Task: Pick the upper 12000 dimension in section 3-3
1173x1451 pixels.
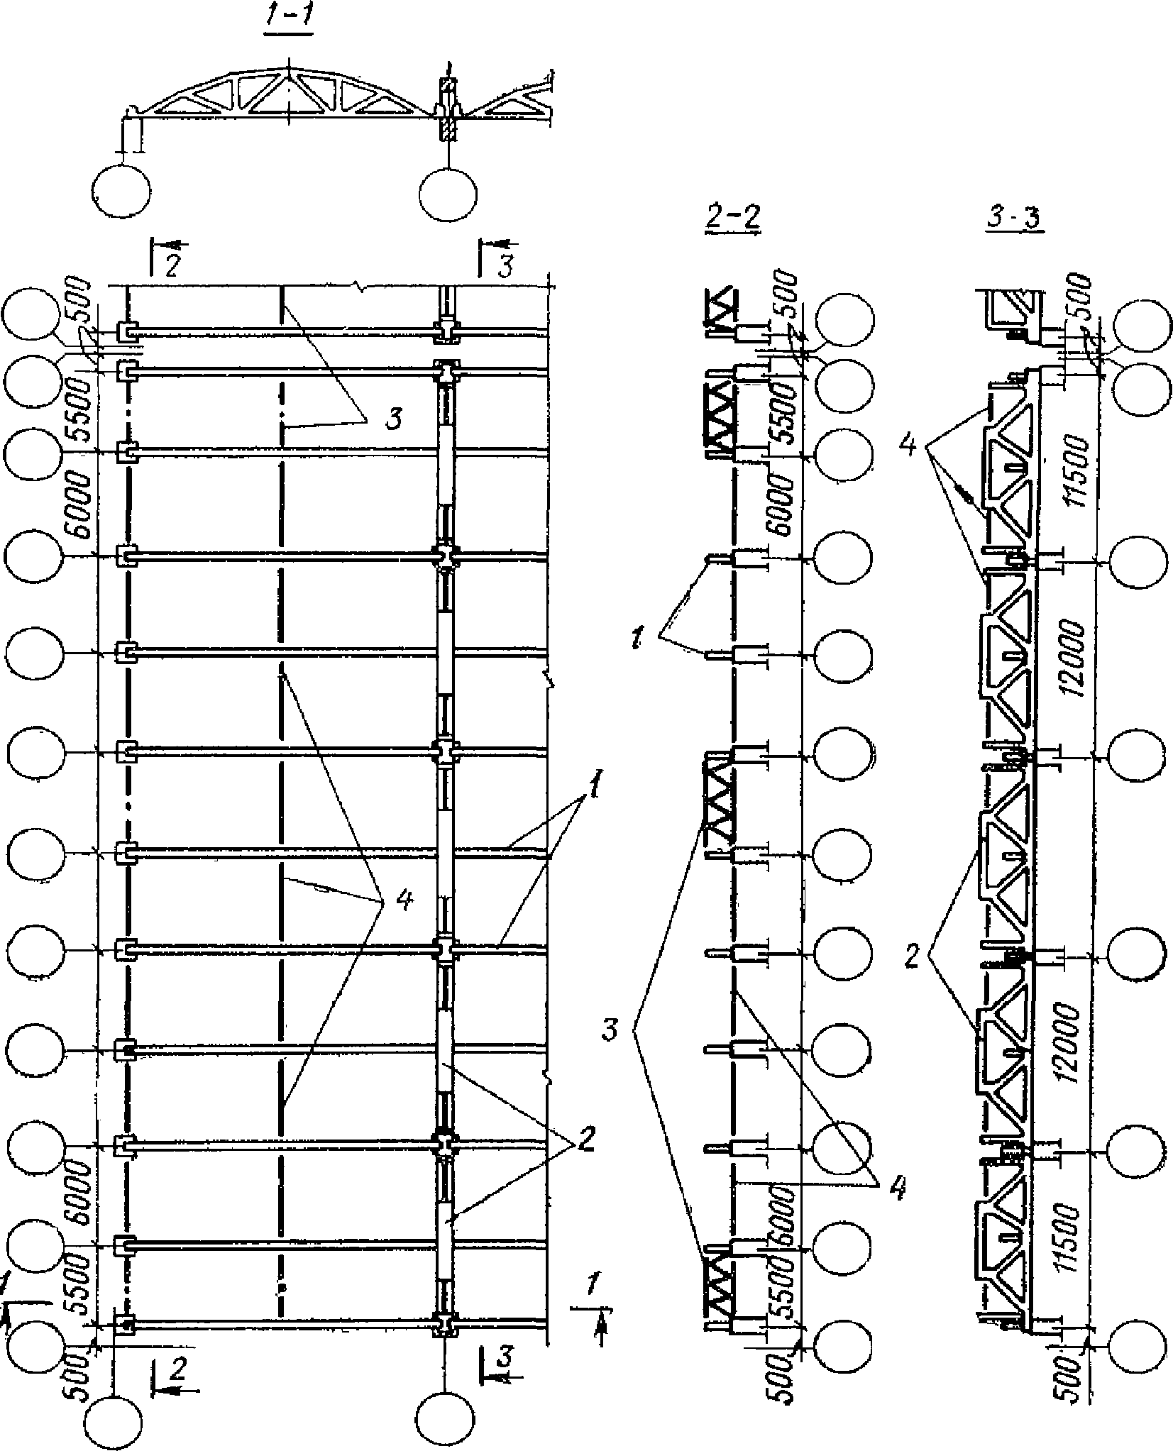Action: tap(1074, 659)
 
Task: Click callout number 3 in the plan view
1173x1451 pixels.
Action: tap(392, 419)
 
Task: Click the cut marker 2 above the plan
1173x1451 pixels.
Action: tap(172, 265)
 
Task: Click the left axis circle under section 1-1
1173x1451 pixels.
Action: tap(121, 191)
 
